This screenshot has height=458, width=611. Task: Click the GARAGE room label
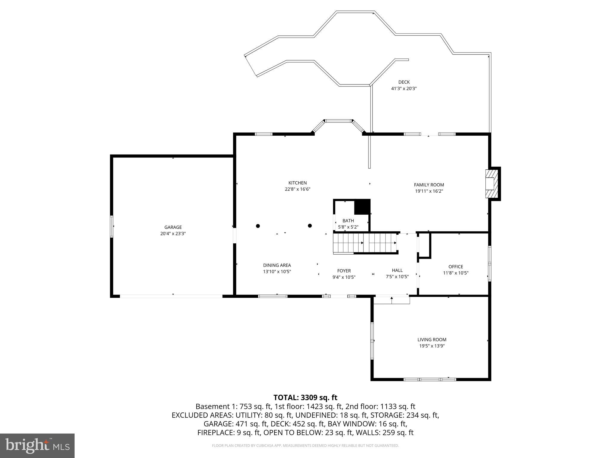(x=173, y=227)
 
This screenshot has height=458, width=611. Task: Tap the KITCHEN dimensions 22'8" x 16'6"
(x=297, y=189)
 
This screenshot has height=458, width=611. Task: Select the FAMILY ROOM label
(x=429, y=185)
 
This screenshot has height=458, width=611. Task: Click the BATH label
(x=348, y=221)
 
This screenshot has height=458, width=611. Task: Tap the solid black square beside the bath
(x=362, y=207)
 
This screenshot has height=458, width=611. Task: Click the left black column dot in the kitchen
(x=258, y=226)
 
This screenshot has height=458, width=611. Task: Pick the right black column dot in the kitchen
(x=310, y=226)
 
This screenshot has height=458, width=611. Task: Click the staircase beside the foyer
(x=365, y=243)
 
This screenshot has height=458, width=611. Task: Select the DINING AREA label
(x=277, y=265)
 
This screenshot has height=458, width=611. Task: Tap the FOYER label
(x=344, y=271)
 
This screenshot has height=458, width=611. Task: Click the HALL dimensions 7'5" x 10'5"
(x=397, y=276)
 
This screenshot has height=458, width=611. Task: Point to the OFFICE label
(x=456, y=267)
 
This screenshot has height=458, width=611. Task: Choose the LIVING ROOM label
(x=432, y=339)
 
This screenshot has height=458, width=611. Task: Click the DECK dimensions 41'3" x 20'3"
(x=404, y=89)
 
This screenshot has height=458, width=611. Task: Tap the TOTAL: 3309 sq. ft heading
(x=305, y=397)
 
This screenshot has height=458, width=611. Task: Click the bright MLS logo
(x=37, y=445)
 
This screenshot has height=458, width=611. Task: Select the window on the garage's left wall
(x=112, y=227)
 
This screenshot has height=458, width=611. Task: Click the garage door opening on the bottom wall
(x=171, y=296)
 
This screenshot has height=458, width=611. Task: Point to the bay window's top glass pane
(x=338, y=121)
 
